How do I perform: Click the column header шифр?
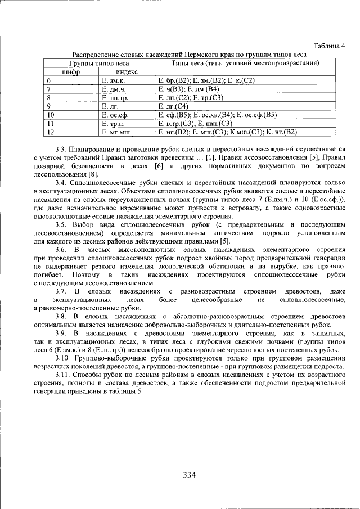tap(71, 72)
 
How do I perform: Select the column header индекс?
tap(127, 72)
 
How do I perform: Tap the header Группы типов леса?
tap(98, 64)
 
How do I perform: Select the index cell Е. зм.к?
tap(113, 80)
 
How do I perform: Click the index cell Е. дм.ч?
tap(114, 89)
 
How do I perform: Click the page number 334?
tap(189, 475)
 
